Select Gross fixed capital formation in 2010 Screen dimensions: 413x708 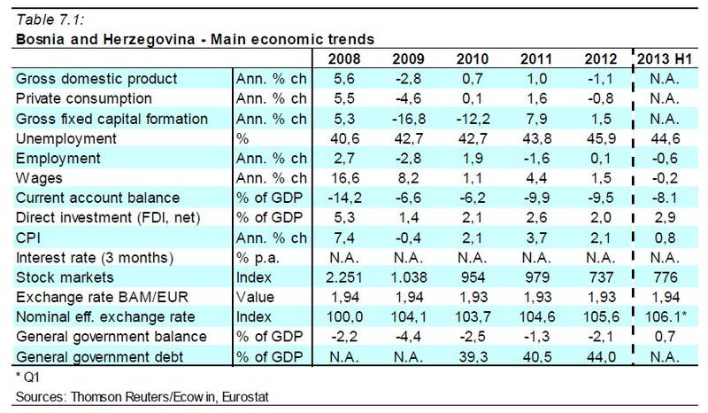point(471,119)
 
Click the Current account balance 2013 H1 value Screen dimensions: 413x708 point(666,198)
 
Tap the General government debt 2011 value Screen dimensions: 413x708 point(536,356)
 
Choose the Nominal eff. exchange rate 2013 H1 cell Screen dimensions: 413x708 point(666,316)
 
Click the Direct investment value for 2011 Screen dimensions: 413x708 point(536,217)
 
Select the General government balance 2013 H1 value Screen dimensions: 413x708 point(666,337)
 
